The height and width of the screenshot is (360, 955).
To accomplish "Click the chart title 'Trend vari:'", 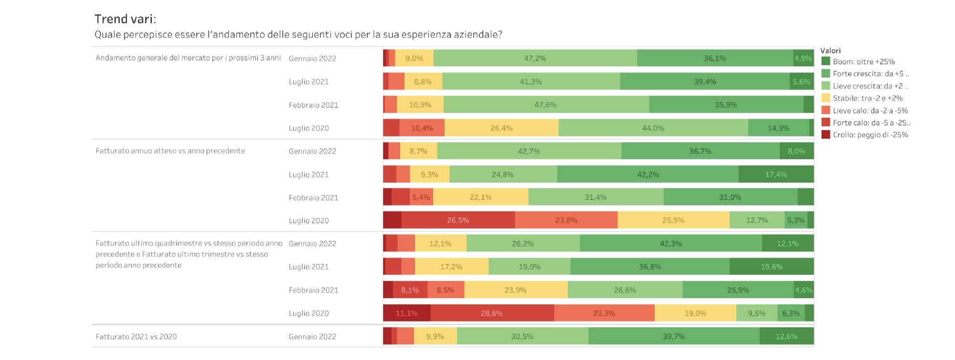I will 125,19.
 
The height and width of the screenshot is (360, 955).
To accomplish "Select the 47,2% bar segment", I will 535,58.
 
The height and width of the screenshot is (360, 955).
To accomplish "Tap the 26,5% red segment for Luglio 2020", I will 458,220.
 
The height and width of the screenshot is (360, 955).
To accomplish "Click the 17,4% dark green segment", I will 776,174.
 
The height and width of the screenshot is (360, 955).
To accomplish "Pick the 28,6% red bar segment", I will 492,313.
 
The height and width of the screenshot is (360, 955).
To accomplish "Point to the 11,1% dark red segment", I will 407,313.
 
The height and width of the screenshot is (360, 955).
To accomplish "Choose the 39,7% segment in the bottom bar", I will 674,336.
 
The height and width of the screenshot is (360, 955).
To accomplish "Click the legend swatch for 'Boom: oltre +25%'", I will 826,62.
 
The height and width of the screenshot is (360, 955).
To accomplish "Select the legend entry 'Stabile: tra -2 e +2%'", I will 868,98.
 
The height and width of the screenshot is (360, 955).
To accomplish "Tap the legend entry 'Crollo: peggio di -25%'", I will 870,135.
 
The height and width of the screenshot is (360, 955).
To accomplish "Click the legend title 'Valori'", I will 830,51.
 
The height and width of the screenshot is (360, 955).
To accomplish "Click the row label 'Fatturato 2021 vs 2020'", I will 136,337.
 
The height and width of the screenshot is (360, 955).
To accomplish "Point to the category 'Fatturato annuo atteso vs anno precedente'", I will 170,151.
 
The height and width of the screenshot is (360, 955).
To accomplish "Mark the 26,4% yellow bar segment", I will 501,128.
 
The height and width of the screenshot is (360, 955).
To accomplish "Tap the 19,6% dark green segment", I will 772,266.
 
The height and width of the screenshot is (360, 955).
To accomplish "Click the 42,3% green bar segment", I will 671,244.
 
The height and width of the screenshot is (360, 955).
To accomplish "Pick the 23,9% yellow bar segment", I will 516,290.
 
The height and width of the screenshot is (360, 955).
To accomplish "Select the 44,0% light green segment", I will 653,128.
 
